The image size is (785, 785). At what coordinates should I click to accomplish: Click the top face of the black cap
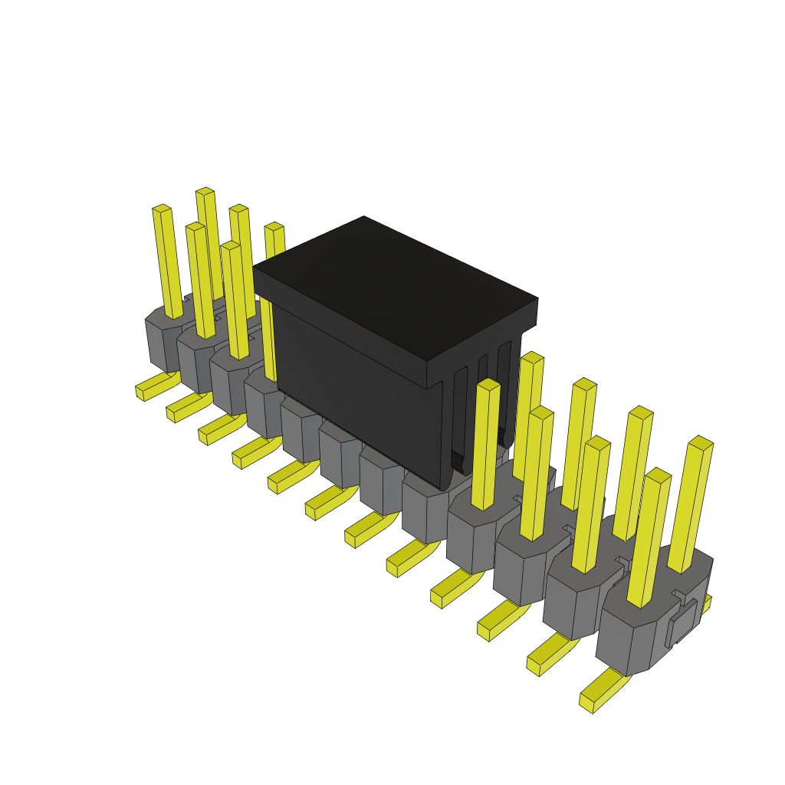[x=395, y=287]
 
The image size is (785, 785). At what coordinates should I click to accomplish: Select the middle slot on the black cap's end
[x=482, y=399]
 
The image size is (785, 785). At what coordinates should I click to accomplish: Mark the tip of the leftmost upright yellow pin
[x=161, y=209]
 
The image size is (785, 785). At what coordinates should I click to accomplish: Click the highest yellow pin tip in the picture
[x=205, y=191]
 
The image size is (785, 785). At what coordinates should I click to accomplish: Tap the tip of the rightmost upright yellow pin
[x=701, y=442]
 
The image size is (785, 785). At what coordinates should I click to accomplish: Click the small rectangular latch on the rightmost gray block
[x=682, y=621]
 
